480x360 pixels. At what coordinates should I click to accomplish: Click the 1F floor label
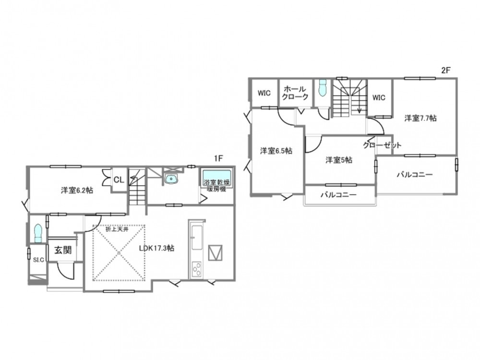218,158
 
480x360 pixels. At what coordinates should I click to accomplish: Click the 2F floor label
446,70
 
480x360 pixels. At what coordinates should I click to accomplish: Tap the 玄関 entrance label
63,250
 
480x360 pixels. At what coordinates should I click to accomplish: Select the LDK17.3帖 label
156,248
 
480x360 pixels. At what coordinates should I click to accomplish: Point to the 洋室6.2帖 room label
77,190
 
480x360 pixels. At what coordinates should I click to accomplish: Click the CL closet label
119,180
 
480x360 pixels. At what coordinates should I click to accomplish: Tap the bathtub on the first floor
217,177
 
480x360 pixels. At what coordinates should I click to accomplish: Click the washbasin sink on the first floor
171,179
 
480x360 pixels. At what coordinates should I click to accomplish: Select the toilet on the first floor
37,233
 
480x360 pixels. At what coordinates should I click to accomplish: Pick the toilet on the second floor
323,88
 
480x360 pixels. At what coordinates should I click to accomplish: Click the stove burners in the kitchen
196,269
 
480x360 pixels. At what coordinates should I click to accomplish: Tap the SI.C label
38,260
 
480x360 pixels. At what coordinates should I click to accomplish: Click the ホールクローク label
295,93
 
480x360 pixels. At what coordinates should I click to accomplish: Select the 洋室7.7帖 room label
420,118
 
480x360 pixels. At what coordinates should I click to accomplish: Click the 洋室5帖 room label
339,160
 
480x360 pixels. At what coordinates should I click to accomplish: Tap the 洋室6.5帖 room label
276,151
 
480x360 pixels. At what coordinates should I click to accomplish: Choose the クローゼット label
382,145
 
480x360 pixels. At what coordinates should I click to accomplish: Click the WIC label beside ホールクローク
264,93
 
